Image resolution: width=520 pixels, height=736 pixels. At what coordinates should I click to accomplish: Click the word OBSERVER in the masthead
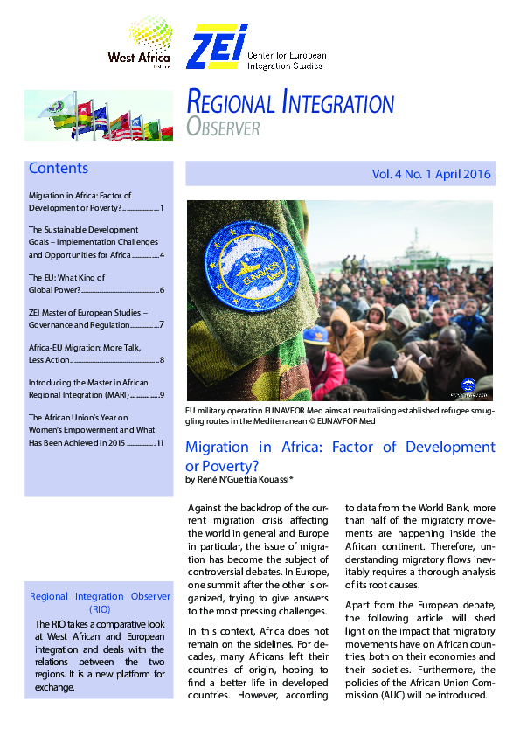[x=224, y=128]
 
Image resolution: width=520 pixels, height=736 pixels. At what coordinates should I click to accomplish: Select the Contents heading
[x=59, y=169]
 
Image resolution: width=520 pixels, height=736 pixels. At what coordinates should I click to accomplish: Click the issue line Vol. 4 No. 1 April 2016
[x=432, y=175]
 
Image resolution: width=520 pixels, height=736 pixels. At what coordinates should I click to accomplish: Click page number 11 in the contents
[x=160, y=443]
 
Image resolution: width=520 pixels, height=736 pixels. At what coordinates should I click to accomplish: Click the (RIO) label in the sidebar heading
[x=99, y=608]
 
